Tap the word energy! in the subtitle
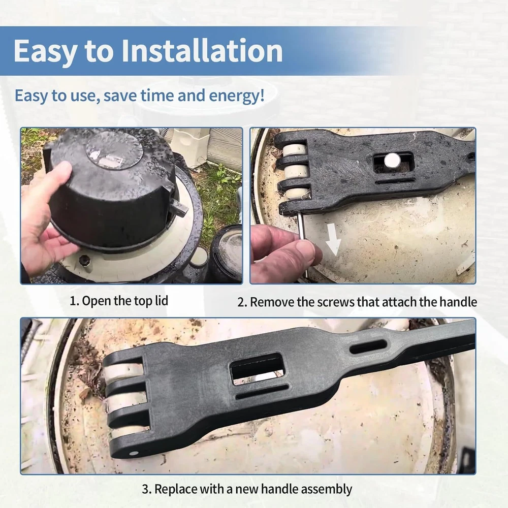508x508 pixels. click(239, 96)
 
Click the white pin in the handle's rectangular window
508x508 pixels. click(392, 162)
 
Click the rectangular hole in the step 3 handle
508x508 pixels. click(257, 368)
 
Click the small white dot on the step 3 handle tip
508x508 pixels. click(133, 453)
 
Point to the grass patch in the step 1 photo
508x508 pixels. click(218, 188)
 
